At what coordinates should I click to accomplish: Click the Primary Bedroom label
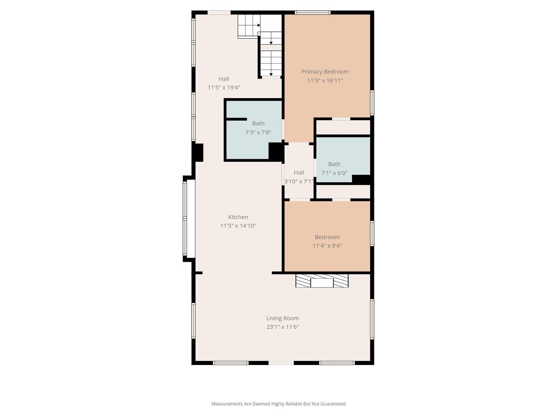click(325, 72)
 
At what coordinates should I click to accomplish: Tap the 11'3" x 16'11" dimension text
click(325, 81)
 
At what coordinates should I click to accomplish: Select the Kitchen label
click(238, 217)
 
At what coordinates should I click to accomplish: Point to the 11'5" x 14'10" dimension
click(238, 226)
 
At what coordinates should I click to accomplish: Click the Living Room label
click(283, 318)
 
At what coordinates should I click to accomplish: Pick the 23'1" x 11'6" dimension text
click(283, 327)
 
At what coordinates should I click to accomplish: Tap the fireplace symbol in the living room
click(322, 281)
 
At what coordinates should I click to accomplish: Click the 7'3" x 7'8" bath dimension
click(258, 132)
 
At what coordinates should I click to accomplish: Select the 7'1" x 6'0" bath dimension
click(334, 173)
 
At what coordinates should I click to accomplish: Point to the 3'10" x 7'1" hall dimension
click(299, 182)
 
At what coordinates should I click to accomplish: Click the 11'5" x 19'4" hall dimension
click(224, 87)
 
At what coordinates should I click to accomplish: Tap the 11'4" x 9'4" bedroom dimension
click(327, 246)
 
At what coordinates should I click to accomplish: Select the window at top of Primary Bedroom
click(313, 12)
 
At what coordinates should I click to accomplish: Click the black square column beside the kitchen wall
click(198, 152)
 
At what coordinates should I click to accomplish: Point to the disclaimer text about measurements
click(278, 404)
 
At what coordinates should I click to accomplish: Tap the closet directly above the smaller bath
click(343, 127)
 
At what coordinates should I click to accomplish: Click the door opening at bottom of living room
click(281, 363)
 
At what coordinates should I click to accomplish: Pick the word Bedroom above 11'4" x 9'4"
click(327, 237)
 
